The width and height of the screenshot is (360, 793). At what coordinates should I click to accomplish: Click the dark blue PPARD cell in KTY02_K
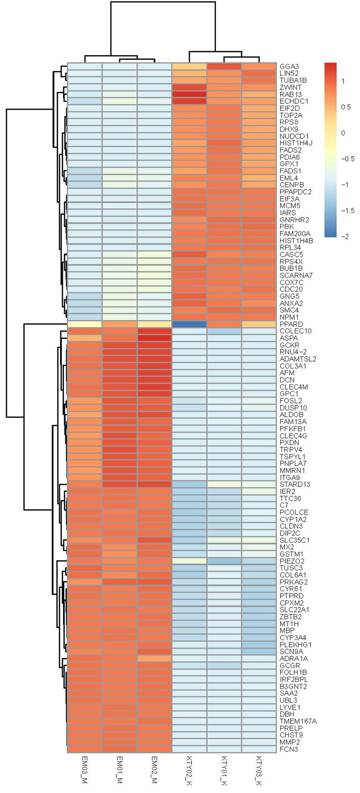(x=189, y=324)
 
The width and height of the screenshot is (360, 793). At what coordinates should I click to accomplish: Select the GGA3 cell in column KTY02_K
(x=189, y=66)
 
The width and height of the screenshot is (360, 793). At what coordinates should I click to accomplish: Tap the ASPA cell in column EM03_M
(x=84, y=338)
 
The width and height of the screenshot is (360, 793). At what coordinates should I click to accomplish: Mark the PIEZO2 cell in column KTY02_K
(x=189, y=560)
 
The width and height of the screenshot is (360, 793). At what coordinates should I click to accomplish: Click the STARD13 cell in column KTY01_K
(x=224, y=484)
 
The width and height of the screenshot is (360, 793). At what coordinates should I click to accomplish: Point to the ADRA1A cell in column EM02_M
(x=154, y=658)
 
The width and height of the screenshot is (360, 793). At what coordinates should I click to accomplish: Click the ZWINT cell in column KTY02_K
(x=189, y=87)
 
